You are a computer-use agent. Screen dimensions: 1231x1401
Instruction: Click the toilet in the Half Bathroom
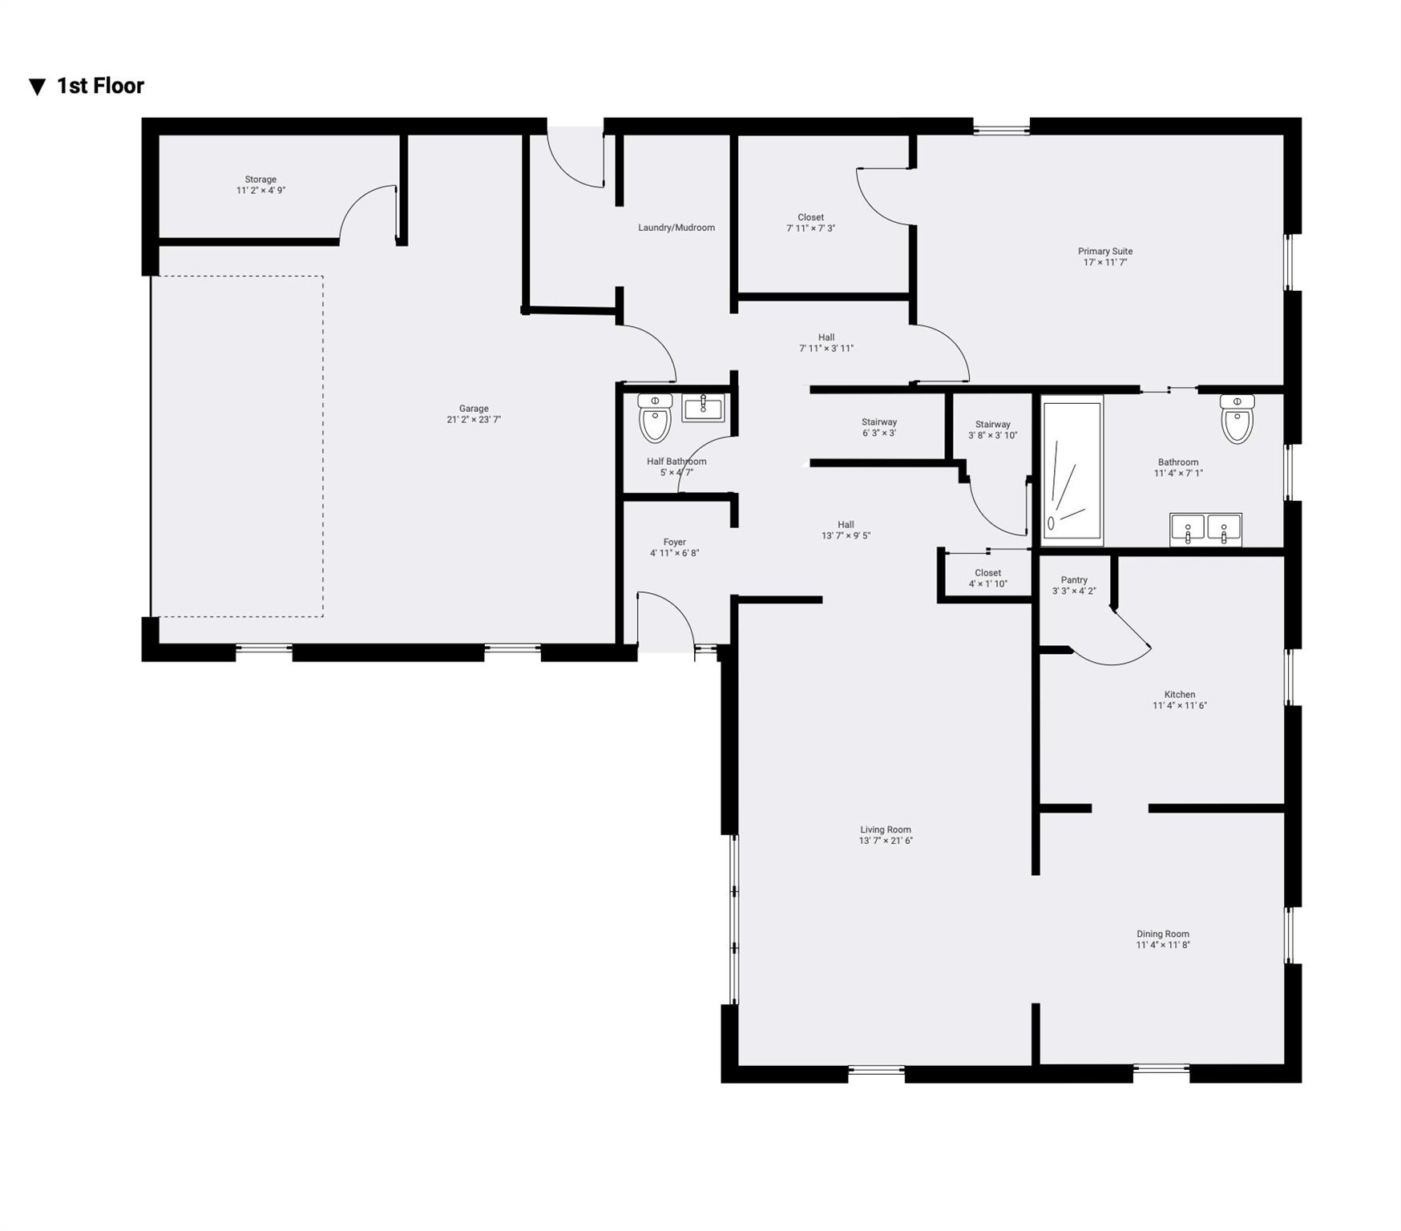(x=655, y=418)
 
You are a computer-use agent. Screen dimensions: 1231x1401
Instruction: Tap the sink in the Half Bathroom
(x=703, y=408)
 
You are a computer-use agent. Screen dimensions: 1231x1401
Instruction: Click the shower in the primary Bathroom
(x=1072, y=470)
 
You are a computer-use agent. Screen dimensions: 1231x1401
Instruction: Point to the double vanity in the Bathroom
(x=1205, y=529)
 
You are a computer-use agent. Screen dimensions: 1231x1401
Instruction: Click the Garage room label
(x=474, y=409)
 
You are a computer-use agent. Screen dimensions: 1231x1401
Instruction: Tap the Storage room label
(x=260, y=180)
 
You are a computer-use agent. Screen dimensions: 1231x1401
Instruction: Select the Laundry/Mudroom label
(x=676, y=228)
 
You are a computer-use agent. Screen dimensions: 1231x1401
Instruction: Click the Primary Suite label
(x=1105, y=252)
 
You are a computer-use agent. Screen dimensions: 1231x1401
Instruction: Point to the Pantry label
(x=1074, y=580)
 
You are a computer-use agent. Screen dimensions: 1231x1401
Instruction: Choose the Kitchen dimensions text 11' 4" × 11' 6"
(x=1180, y=706)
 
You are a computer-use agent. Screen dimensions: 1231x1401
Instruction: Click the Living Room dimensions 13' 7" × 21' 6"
(x=886, y=841)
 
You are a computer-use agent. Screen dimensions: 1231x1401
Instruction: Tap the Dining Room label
(x=1163, y=934)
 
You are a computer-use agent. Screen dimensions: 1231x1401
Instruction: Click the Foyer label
(x=674, y=543)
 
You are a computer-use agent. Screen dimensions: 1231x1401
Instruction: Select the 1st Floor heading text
(x=100, y=86)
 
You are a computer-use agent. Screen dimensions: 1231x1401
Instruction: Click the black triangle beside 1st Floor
(x=37, y=87)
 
